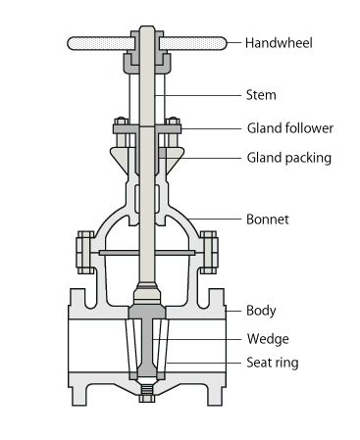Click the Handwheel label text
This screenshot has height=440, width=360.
[279, 43]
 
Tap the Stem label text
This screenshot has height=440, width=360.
[261, 95]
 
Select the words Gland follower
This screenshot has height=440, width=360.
[290, 128]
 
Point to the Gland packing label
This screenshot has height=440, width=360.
[289, 158]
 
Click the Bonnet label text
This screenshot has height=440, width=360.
[268, 220]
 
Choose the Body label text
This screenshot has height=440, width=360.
[261, 311]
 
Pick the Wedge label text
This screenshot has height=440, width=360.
[268, 339]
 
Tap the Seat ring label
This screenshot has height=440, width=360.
[273, 363]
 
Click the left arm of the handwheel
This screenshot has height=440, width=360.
[101, 43]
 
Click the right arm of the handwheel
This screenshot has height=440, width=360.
[193, 43]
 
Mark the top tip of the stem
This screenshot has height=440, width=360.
[147, 26]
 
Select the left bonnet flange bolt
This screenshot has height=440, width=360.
[85, 252]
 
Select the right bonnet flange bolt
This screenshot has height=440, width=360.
[209, 252]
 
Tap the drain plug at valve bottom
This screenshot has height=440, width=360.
[147, 393]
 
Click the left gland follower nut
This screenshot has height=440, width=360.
[121, 122]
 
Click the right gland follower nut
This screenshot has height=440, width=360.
[173, 122]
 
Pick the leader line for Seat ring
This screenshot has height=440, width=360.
[204, 363]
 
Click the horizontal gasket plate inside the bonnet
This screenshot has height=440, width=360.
[147, 253]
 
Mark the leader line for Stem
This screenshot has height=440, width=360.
[198, 95]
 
